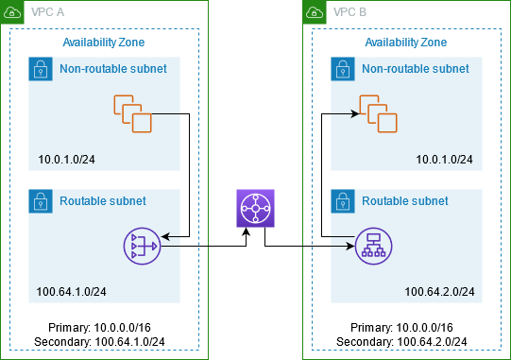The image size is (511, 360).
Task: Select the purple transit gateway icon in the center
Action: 253,208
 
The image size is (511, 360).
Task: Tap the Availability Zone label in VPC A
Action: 103,43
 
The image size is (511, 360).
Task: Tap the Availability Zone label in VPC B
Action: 405,43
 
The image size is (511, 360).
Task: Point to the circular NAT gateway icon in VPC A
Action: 142,247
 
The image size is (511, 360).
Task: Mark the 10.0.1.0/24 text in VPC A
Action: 67,158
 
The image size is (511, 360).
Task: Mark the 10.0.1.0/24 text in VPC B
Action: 444,158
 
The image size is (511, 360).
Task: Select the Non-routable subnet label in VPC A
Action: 113,69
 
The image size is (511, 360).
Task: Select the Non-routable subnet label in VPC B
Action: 416,69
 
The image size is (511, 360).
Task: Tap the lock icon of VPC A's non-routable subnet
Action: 41,69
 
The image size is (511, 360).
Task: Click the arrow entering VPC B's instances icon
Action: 345,113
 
